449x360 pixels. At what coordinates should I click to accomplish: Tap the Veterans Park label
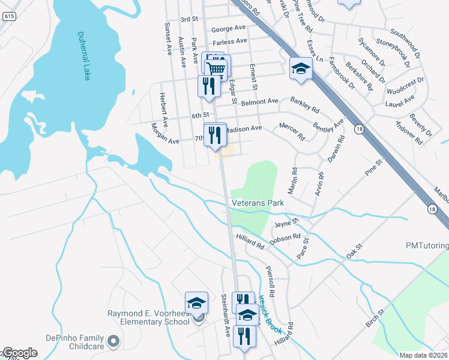[x=258, y=203]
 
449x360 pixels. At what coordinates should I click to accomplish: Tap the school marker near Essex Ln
[x=301, y=70]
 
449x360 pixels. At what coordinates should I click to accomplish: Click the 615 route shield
[x=8, y=17]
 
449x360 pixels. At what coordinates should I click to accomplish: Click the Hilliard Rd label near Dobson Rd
[x=250, y=242]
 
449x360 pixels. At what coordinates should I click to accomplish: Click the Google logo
[x=19, y=353]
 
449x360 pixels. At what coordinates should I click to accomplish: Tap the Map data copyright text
[x=424, y=355]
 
